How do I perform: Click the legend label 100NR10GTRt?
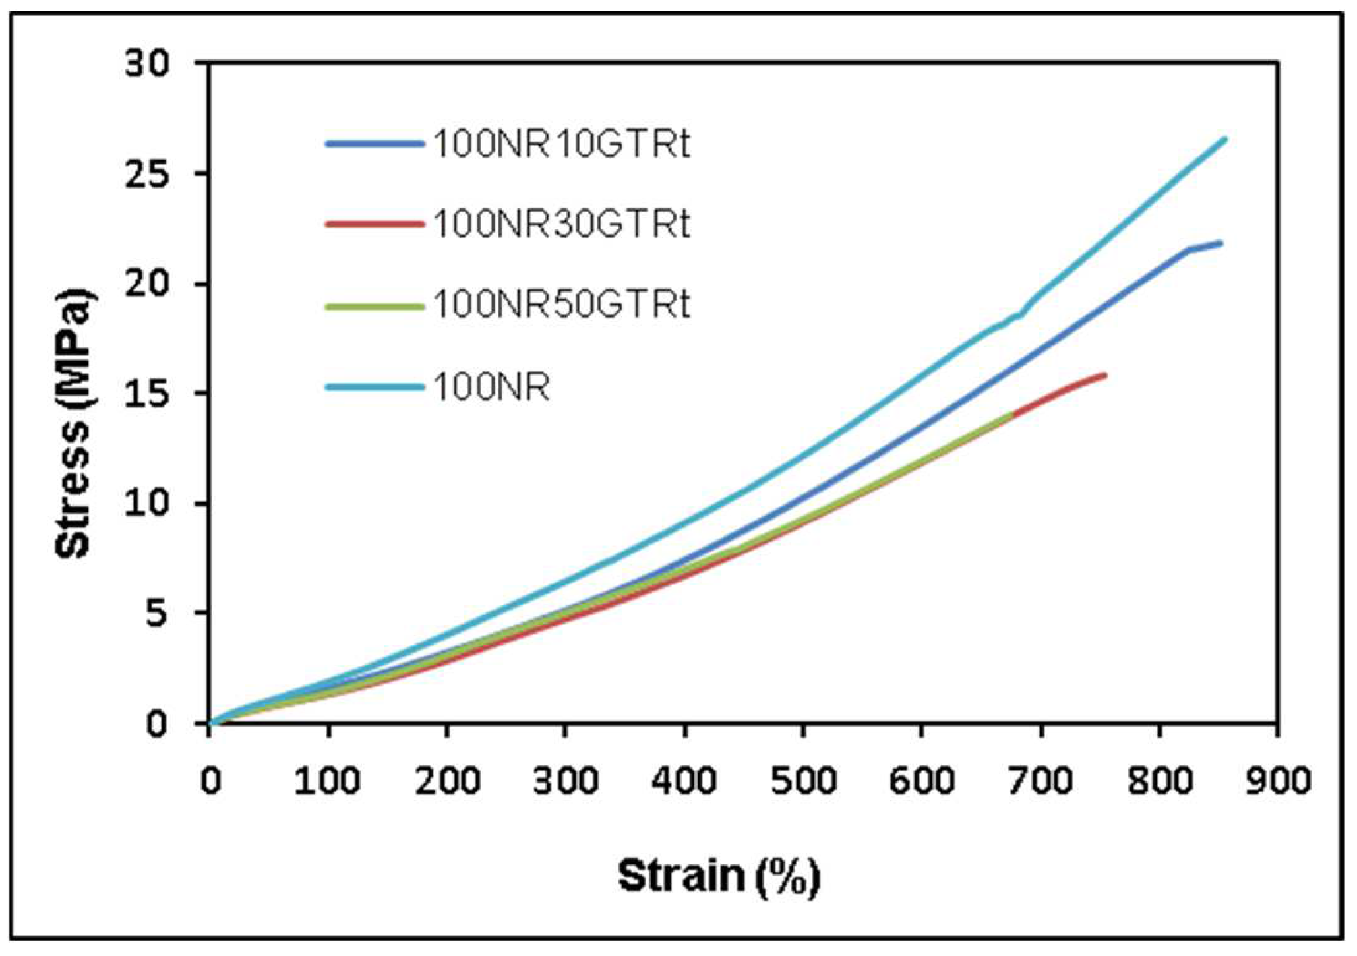(x=561, y=143)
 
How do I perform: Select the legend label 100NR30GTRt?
(x=561, y=224)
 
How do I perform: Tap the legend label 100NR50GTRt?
(x=561, y=305)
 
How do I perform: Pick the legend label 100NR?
(x=491, y=387)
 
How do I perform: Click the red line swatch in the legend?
(x=374, y=224)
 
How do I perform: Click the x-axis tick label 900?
(x=1277, y=781)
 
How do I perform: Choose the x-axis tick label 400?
(x=684, y=781)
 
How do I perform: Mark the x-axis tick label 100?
(x=327, y=781)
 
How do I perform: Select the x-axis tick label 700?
(x=1040, y=781)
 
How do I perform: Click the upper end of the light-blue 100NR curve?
(x=1224, y=139)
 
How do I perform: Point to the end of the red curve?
(x=1105, y=375)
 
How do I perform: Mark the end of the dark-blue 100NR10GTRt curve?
(x=1221, y=243)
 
